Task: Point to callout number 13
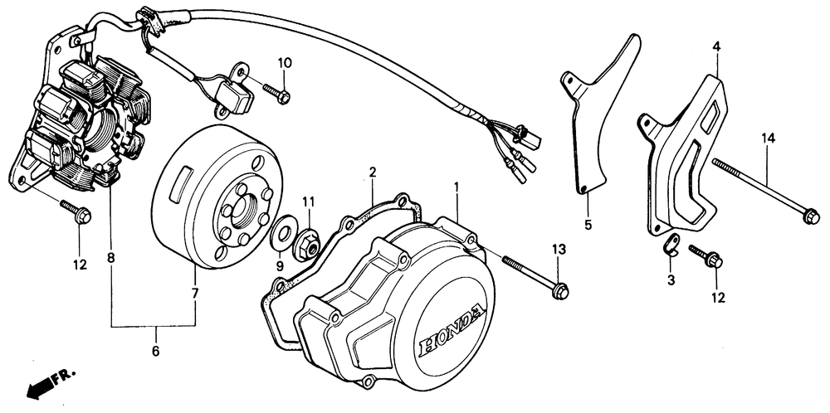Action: (559, 250)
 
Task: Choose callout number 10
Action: (284, 62)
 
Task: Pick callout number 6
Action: (154, 352)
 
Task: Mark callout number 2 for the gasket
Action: (373, 172)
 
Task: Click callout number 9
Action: (280, 266)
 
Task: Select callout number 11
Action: (308, 202)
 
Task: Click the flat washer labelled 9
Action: (286, 227)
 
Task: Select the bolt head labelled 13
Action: (561, 291)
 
